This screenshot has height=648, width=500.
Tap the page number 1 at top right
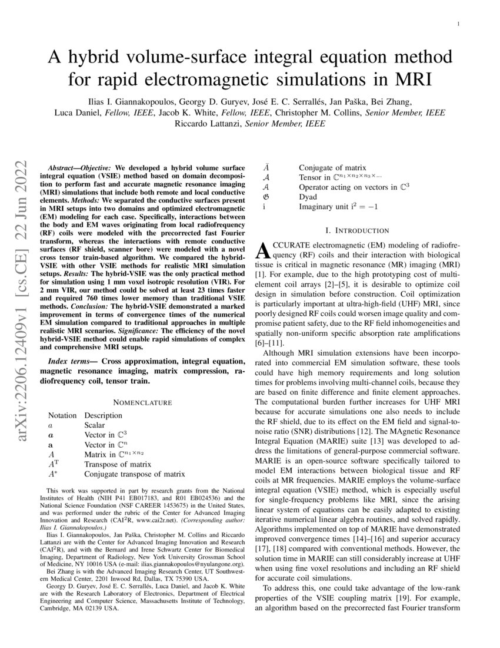pos(458,24)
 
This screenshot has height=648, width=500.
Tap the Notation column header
pos(62,415)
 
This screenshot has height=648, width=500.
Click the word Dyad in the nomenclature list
pos(308,197)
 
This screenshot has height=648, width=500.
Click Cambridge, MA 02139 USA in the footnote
pos(82,610)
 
